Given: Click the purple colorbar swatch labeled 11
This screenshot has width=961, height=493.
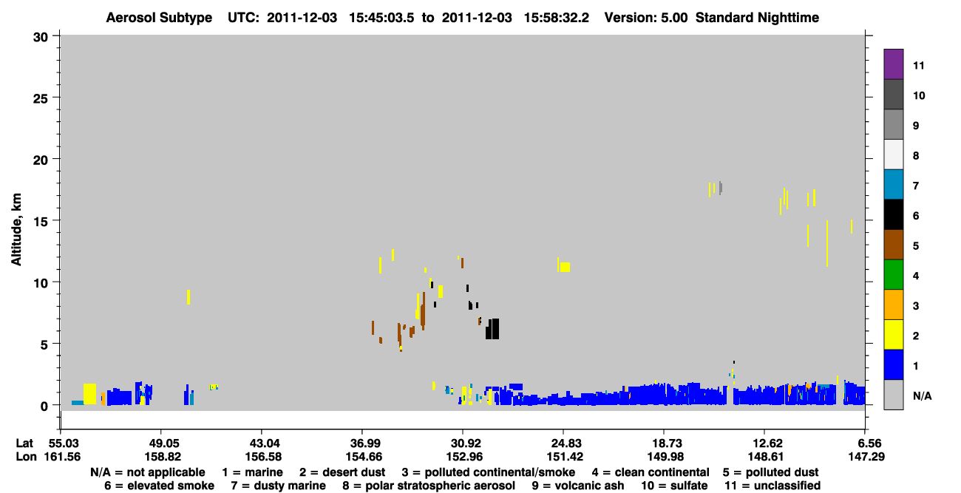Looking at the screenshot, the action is click(893, 64).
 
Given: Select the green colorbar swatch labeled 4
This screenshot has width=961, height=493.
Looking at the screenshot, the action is click(893, 275).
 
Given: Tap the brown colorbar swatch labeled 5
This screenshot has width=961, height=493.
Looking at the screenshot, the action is click(893, 245).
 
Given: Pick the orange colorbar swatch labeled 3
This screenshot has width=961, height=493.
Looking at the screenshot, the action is click(893, 305).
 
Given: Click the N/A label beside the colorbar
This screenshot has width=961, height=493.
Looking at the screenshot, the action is click(922, 395).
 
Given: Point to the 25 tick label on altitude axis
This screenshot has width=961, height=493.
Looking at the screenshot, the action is click(41, 98).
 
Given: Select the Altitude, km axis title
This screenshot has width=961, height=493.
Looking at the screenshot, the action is click(16, 230).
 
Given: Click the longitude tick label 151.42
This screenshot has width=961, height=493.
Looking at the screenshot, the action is click(565, 457).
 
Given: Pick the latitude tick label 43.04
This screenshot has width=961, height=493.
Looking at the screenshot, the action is click(263, 443).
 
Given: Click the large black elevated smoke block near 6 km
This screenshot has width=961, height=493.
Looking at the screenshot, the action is click(492, 329).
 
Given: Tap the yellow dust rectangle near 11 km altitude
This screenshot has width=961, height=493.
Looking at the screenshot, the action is click(565, 267).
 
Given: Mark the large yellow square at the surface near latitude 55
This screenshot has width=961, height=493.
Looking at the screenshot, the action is click(89, 394).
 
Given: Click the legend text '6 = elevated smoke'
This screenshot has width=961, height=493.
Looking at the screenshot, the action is click(159, 486).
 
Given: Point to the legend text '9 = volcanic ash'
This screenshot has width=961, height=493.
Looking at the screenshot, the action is click(578, 486).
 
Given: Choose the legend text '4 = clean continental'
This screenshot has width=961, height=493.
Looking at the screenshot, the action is click(651, 472).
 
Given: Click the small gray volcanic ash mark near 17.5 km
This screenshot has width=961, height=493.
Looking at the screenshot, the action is click(721, 188).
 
